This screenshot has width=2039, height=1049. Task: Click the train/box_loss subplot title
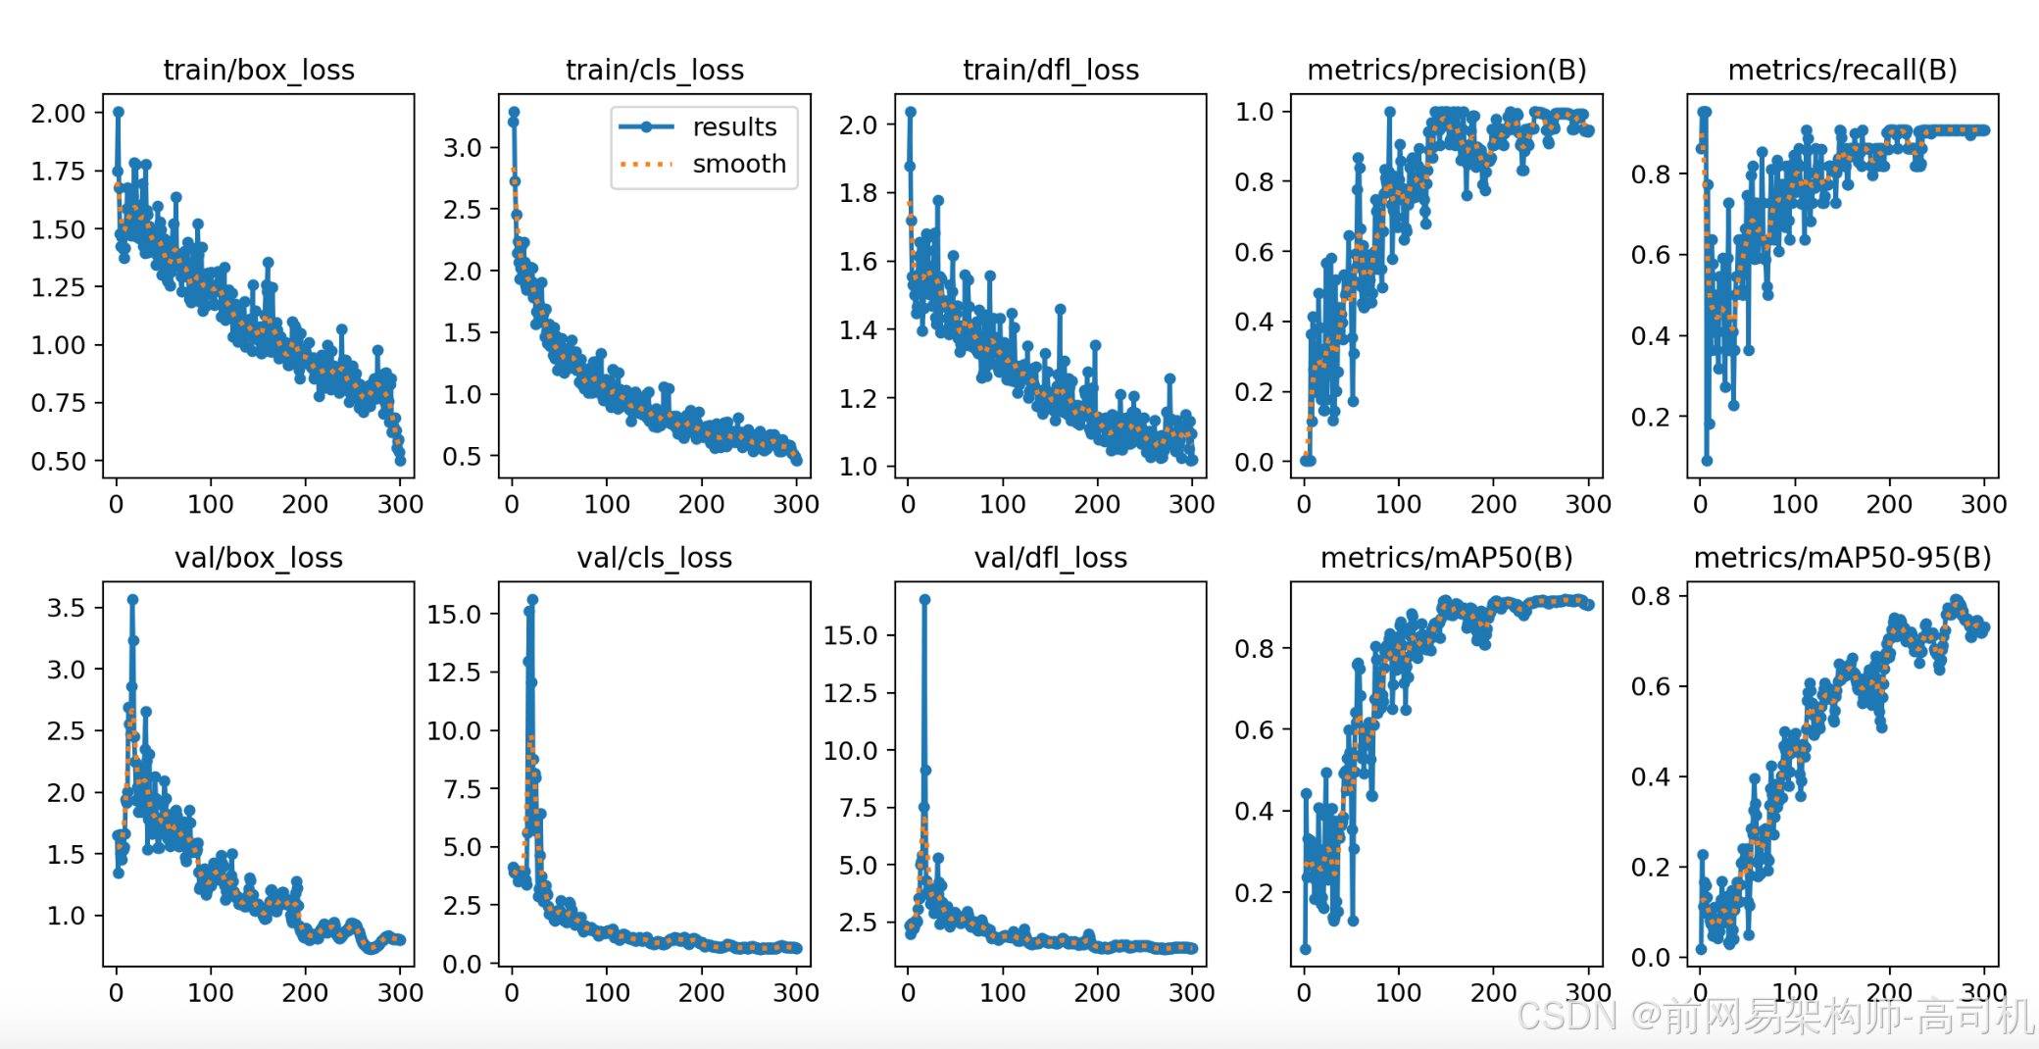pyautogui.click(x=259, y=70)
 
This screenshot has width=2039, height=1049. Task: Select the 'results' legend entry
pyautogui.click(x=733, y=127)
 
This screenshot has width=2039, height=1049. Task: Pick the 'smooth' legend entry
pyautogui.click(x=738, y=164)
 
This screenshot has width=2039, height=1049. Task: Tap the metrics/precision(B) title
pyautogui.click(x=1446, y=70)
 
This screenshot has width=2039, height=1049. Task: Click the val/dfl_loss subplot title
pyautogui.click(x=1050, y=558)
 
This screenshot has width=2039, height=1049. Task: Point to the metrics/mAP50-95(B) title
pyautogui.click(x=1842, y=558)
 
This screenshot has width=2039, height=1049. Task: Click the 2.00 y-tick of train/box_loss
pyautogui.click(x=58, y=114)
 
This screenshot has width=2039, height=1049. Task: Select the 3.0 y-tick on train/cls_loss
pyautogui.click(x=463, y=148)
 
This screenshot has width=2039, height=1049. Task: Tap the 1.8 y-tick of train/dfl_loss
pyautogui.click(x=858, y=193)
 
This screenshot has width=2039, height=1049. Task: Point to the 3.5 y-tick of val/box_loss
pyautogui.click(x=66, y=608)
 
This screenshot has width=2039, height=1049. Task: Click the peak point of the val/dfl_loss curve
pyautogui.click(x=924, y=599)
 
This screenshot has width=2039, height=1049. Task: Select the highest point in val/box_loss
pyautogui.click(x=132, y=599)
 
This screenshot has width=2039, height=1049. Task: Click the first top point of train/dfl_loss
pyautogui.click(x=911, y=112)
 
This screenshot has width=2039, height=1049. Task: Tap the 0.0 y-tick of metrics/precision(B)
pyautogui.click(x=1254, y=462)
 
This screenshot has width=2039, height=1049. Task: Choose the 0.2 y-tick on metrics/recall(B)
pyautogui.click(x=1650, y=418)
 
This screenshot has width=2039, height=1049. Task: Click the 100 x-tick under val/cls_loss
pyautogui.click(x=607, y=993)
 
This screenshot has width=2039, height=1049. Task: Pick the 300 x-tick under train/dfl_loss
pyautogui.click(x=1191, y=505)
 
